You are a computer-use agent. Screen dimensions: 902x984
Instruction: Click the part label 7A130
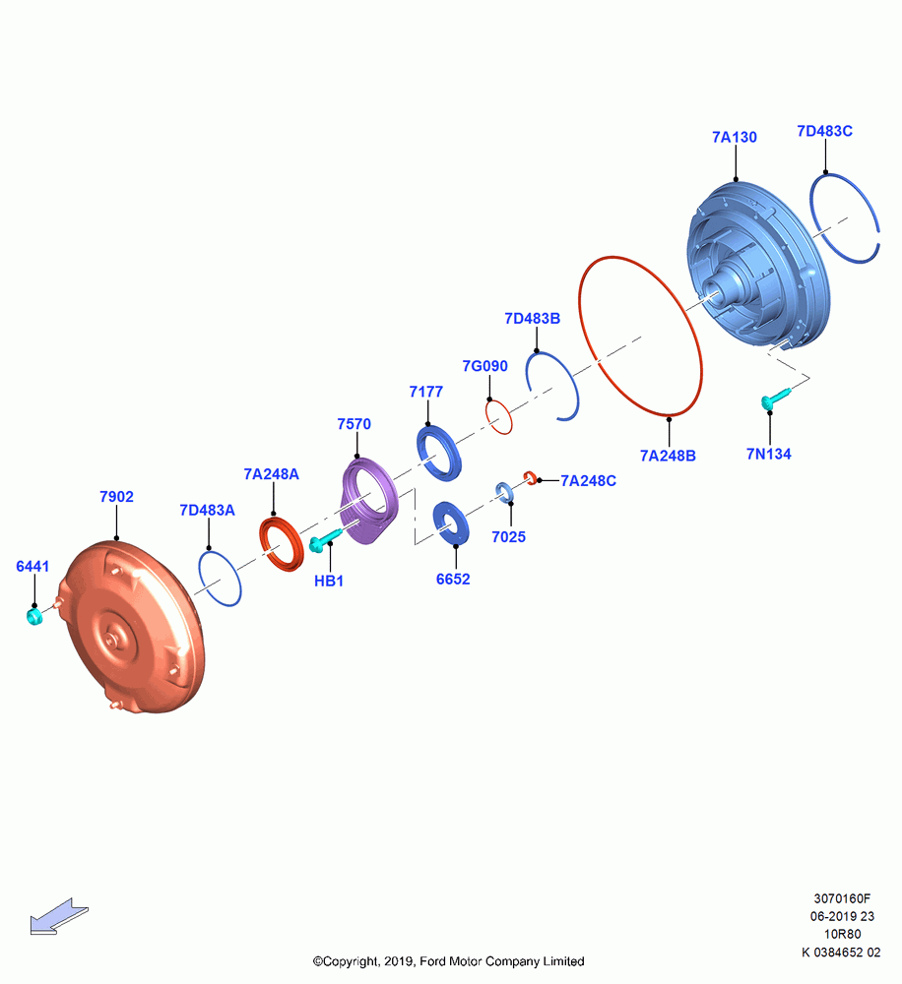[x=735, y=138]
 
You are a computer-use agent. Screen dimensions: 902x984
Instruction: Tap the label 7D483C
[x=825, y=131]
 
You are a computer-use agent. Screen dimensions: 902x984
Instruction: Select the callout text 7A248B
[x=668, y=457]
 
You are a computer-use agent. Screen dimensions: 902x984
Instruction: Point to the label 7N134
[x=769, y=455]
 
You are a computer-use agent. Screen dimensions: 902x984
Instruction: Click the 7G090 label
[x=484, y=366]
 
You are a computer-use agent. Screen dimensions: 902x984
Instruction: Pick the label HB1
[x=329, y=582]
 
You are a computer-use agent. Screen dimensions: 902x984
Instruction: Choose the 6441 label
[x=32, y=567]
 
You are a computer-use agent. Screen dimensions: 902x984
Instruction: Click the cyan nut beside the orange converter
[x=33, y=616]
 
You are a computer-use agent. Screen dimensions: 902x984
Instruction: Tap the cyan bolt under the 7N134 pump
[x=775, y=399]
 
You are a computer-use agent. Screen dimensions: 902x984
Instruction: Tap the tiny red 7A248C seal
[x=530, y=477]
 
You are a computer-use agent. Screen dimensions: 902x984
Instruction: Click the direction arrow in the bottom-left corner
[x=59, y=917]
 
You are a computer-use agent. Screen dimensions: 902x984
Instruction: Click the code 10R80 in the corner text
[x=842, y=935]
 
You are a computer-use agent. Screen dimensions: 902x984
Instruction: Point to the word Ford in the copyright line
[x=432, y=961]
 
